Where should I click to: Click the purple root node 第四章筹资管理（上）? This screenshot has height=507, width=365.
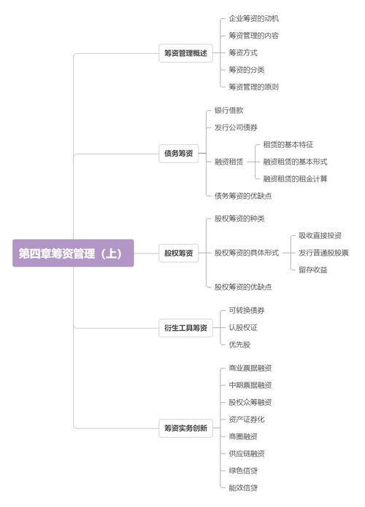coord(73,253)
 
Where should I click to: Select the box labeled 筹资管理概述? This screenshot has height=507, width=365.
coord(185,53)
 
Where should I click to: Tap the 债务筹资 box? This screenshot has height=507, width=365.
coord(179,153)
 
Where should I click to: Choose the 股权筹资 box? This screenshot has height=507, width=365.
coord(179,253)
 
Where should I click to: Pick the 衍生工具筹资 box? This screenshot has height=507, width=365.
coord(185,328)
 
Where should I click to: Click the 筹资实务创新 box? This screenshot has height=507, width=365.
coord(185,428)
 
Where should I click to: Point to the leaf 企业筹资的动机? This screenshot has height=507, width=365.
coord(254,19)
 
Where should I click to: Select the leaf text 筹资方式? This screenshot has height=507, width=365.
coord(243,52)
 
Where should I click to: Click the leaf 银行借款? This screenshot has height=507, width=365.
coord(228,111)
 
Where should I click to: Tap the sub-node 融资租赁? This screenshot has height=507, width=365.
coord(228,162)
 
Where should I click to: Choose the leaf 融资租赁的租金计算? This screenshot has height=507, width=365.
coord(296,178)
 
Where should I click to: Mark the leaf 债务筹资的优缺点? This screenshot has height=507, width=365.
coord(243,196)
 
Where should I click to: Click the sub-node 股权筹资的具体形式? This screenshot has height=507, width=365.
coord(247,253)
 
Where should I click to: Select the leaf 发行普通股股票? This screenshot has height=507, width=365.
coord(323,253)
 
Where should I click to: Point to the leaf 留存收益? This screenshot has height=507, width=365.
coord(313,270)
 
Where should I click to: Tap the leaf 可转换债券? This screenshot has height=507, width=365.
coord(247,311)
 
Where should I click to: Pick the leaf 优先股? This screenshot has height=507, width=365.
coord(239,345)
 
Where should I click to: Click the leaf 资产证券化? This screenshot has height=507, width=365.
coord(247,420)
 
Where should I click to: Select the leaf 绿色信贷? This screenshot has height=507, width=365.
coord(243,471)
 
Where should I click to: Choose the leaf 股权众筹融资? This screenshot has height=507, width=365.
coord(250,403)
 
